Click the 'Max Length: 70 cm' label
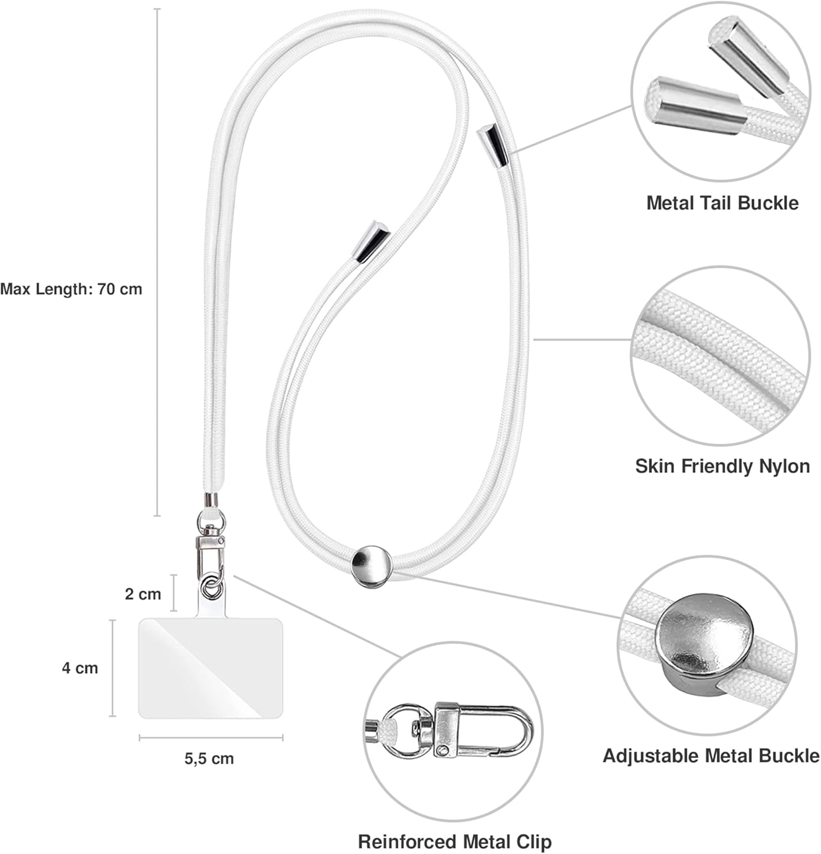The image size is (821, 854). (71, 289)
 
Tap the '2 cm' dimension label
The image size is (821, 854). (143, 594)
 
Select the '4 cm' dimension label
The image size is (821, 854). (80, 667)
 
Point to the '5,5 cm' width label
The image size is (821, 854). (209, 758)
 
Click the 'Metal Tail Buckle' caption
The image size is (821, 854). (722, 203)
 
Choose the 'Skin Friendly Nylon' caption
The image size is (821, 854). (722, 466)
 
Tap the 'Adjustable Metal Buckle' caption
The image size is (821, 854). (711, 756)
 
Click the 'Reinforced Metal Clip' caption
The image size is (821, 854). (455, 841)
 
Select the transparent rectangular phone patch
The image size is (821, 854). (211, 668)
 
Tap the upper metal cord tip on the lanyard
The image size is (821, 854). (492, 145)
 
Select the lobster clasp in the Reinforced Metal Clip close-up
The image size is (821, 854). (484, 732)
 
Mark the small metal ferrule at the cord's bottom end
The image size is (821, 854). (211, 500)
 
